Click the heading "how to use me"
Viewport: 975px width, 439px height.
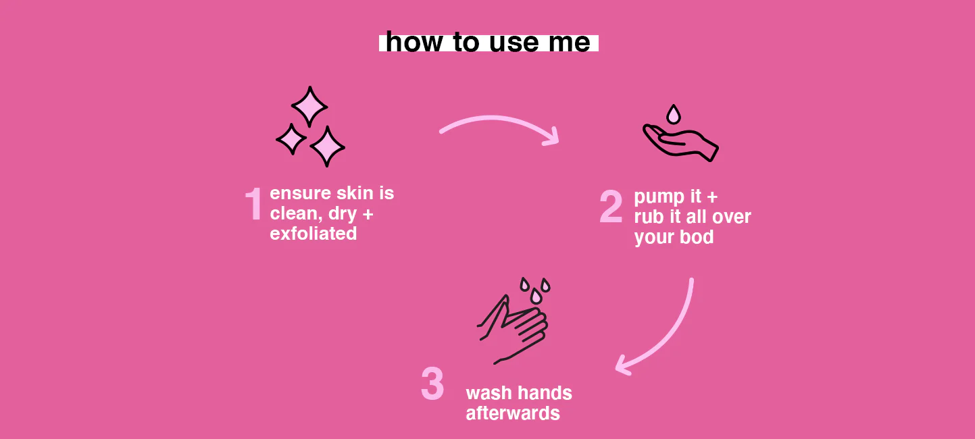(488, 42)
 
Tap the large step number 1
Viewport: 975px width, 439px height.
(254, 204)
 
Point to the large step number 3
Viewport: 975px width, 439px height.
(432, 384)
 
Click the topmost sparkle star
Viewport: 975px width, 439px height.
(309, 107)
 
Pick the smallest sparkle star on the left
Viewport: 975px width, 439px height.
(291, 139)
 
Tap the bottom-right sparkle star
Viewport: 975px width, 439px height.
(327, 147)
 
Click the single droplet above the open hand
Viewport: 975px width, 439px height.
(674, 115)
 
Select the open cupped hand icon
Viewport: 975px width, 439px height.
(680, 143)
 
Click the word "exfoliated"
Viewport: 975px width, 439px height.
(314, 234)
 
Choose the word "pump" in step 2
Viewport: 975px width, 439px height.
(659, 197)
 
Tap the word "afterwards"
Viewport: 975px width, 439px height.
(513, 413)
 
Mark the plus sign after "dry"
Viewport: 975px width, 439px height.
(368, 214)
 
